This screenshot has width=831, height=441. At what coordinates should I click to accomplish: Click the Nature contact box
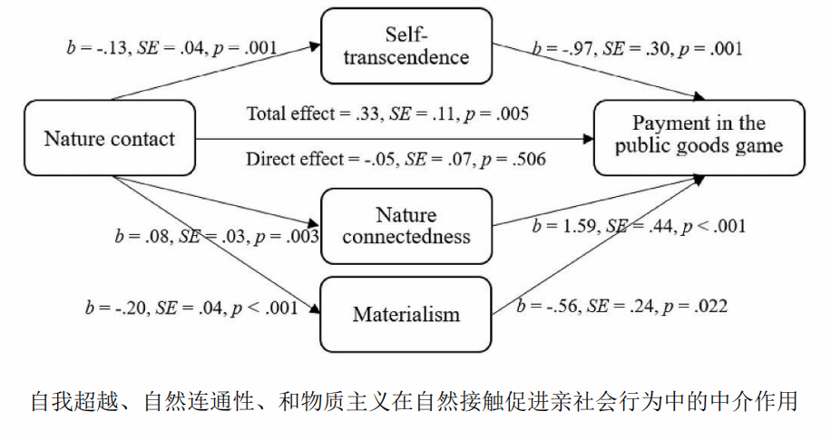[109, 138]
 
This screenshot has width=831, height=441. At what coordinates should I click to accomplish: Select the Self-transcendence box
[407, 45]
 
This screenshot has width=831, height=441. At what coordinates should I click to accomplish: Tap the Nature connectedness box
[406, 226]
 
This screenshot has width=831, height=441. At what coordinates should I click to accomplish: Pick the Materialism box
[406, 315]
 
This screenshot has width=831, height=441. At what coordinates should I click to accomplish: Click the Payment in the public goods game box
[699, 135]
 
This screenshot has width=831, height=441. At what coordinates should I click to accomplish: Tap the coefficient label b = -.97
[558, 48]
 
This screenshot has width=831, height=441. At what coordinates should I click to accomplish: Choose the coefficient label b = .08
[136, 237]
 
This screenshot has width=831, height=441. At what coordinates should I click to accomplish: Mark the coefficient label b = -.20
[106, 307]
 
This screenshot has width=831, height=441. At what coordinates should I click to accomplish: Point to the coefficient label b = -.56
[543, 307]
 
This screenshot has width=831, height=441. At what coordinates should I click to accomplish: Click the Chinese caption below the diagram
[415, 400]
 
